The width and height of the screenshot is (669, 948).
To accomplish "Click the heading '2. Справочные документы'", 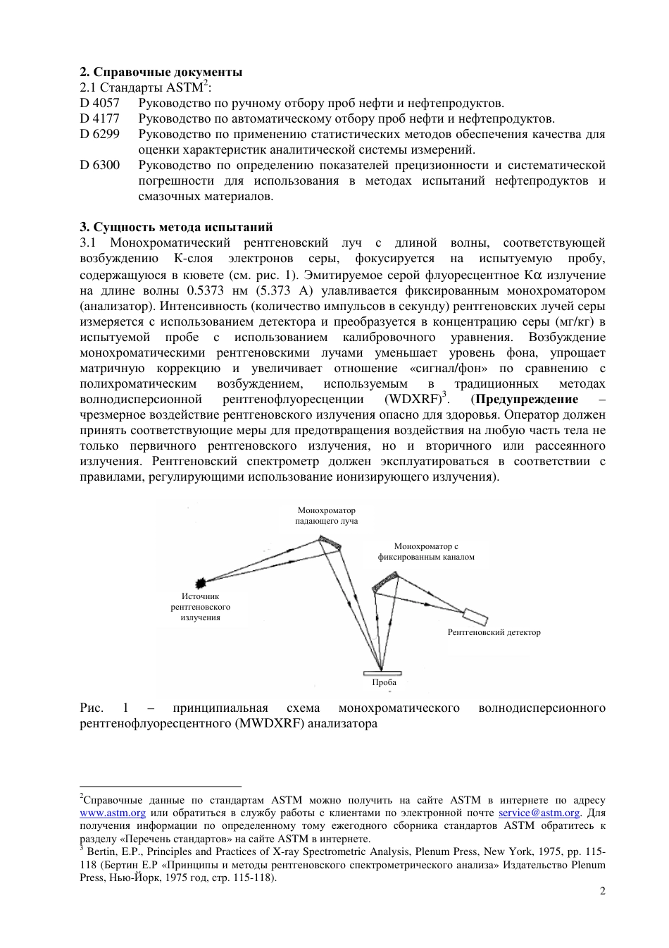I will (161, 72).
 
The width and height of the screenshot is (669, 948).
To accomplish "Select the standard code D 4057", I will (99, 104).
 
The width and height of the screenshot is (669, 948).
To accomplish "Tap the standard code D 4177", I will (99, 119).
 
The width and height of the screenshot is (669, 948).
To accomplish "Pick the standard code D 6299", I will (99, 135).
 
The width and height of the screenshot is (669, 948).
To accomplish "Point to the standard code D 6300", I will (99, 166).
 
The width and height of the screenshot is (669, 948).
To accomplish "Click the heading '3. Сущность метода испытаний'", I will (176, 227).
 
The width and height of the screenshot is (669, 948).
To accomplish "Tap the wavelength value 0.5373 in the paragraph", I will (208, 291).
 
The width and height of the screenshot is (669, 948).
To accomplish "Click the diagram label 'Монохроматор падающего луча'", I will (326, 516).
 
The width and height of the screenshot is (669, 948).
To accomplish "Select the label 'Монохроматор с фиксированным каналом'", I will (426, 552).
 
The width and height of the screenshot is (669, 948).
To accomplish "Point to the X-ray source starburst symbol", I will (203, 581).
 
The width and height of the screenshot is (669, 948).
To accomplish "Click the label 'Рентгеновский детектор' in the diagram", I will (494, 632).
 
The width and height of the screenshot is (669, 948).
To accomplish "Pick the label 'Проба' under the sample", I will (384, 682).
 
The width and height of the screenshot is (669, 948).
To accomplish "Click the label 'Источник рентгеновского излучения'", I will (201, 607).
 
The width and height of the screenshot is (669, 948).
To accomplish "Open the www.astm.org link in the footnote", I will (113, 813).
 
